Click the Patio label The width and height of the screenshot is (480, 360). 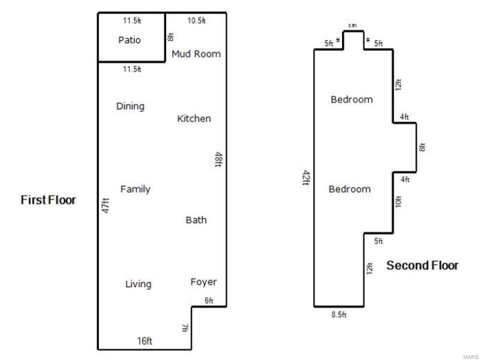tap(130, 40)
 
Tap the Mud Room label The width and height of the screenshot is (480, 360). tap(196, 54)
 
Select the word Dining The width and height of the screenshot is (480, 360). tap(130, 106)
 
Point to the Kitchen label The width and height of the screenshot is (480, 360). tap(194, 119)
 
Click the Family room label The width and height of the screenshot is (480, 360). tap(135, 189)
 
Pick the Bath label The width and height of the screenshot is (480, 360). tap(196, 220)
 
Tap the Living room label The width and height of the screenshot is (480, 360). tap(138, 284)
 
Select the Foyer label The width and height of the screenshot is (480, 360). tap(203, 282)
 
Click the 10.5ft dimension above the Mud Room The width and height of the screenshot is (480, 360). tap(196, 20)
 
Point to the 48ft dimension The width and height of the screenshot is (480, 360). tap(219, 160)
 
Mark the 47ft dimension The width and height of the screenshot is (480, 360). tap(106, 206)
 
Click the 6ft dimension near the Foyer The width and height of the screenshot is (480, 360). tap(209, 301)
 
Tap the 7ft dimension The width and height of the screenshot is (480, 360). tap(185, 328)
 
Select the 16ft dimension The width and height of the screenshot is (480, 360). tap(145, 341)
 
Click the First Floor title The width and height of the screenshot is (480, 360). tap(49, 200)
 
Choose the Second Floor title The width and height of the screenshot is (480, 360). tap(422, 265)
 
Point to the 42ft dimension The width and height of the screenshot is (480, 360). tap(307, 178)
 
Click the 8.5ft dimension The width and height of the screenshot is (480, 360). tap(340, 314)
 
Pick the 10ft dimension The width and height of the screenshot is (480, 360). tap(398, 202)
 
